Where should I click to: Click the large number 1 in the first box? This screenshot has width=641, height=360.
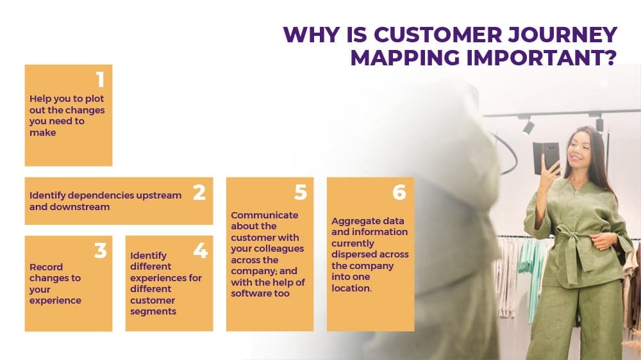coord(101,79)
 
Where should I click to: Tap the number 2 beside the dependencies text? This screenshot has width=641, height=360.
coord(199,192)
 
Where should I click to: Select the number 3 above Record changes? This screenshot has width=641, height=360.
coord(100,250)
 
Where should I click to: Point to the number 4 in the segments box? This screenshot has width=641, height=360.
coord(200,250)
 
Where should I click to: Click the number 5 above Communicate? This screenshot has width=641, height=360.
coord(301,192)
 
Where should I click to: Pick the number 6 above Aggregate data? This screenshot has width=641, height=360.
coord(399,192)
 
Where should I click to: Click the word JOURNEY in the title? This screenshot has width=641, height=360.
coord(563,35)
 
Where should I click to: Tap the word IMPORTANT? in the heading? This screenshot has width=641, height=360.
coord(541,58)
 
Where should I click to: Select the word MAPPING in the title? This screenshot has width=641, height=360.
coord(405,58)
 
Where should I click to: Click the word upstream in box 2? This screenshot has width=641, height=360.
coord(158,196)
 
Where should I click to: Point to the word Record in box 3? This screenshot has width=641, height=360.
coord(46,267)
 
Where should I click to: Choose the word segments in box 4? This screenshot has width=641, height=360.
coord(153,312)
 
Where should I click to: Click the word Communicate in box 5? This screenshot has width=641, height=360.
coord(265,215)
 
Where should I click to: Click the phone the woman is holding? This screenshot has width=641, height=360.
coord(545,158)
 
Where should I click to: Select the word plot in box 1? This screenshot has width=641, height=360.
coord(94,99)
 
